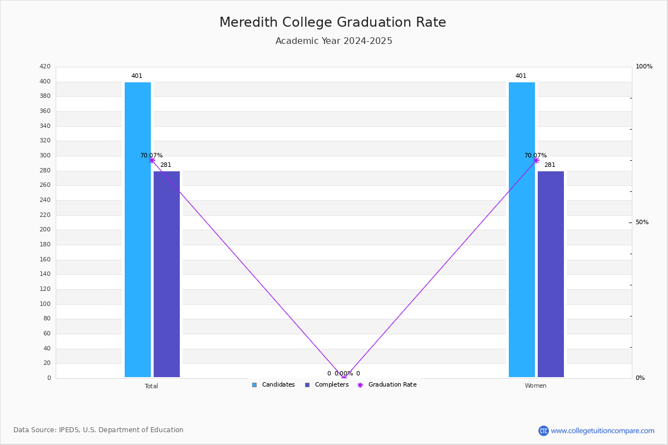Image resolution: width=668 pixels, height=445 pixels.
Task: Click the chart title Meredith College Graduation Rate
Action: [x=332, y=22]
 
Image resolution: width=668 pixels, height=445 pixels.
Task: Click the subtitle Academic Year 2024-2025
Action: [x=333, y=41]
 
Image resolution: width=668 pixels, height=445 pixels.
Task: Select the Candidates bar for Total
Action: [x=138, y=230]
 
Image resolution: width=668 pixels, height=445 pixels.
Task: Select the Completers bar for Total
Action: [x=166, y=274]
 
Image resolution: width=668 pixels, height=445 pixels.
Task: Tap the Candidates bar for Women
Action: [x=522, y=230]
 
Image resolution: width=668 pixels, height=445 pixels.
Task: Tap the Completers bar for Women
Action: [x=551, y=274]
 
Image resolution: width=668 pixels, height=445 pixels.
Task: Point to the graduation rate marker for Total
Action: [x=152, y=160]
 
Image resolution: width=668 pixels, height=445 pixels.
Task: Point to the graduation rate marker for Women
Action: [x=536, y=160]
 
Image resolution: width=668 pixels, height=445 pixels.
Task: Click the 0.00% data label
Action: [x=343, y=373]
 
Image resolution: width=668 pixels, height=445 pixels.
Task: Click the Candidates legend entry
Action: [x=273, y=384]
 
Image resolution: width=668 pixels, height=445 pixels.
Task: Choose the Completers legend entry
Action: [x=327, y=384]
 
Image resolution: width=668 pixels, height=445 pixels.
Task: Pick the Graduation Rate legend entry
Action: [x=387, y=384]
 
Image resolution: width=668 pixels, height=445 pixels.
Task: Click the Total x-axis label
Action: [x=151, y=386]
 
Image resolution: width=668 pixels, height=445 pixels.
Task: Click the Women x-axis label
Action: [x=536, y=385]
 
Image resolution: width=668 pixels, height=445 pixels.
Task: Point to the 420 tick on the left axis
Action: [x=45, y=66]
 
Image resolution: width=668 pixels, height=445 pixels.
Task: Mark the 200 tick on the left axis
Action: [x=45, y=229]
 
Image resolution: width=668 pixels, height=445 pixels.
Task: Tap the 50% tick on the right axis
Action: [x=642, y=222]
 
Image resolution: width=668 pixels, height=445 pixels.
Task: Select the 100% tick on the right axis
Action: [x=644, y=66]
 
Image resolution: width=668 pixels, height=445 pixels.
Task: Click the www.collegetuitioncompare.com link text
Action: [x=602, y=431]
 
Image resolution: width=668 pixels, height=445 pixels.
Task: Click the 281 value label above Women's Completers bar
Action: [x=550, y=165]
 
